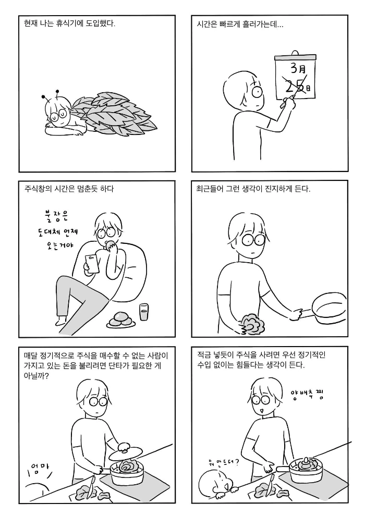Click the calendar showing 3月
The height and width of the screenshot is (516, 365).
(295, 76)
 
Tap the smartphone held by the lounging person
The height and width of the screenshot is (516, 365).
(92, 264)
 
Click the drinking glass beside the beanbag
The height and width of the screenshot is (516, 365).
(144, 312)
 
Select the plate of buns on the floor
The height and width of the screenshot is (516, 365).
(121, 321)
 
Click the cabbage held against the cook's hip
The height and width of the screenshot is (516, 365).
(251, 324)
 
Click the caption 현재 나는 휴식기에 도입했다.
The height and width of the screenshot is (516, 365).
(69, 23)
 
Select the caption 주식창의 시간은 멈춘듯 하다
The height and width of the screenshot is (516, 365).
(69, 189)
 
